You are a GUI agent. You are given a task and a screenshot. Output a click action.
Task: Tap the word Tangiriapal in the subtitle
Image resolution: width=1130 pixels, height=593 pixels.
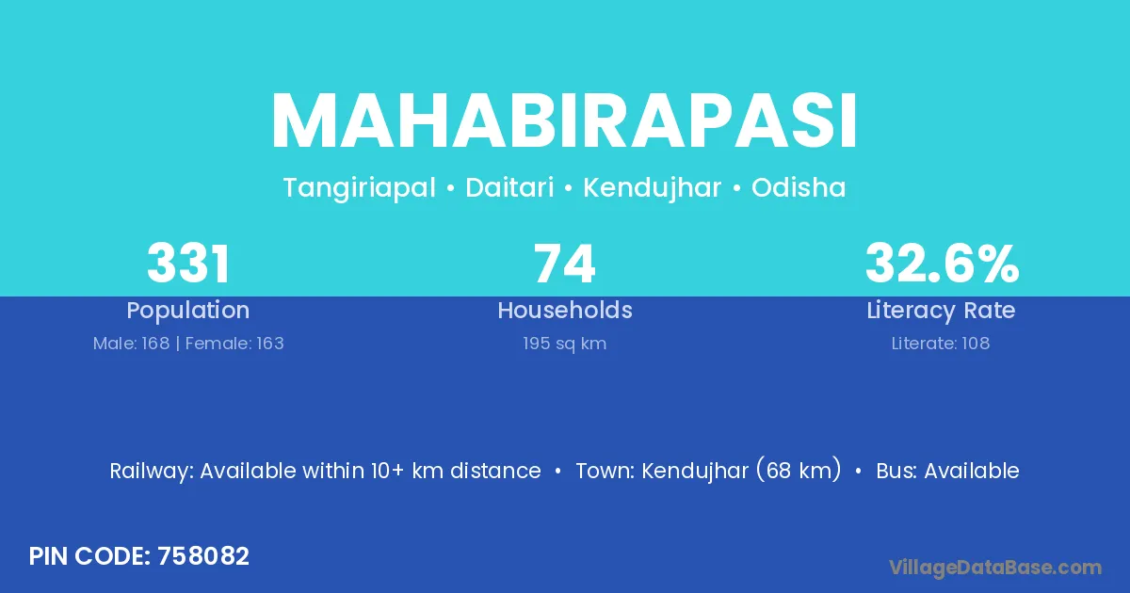click(x=359, y=188)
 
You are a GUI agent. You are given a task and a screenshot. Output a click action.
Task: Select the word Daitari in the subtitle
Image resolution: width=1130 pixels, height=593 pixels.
click(x=509, y=187)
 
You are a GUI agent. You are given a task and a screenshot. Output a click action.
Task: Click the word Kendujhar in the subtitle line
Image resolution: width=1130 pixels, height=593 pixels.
click(x=652, y=188)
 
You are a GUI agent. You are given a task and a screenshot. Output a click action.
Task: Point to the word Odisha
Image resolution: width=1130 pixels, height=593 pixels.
click(x=799, y=187)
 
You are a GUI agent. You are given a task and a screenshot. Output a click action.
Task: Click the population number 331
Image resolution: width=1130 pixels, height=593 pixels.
click(x=188, y=264)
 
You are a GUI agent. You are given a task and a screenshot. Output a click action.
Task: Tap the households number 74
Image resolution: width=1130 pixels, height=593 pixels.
click(x=564, y=264)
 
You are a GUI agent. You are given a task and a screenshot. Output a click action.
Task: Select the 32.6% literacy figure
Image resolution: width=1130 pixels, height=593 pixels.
click(x=942, y=264)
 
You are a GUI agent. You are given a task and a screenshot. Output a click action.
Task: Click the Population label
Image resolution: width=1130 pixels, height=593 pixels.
click(x=188, y=311)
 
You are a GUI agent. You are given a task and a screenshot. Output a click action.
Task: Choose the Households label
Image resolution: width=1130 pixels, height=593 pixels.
click(x=565, y=310)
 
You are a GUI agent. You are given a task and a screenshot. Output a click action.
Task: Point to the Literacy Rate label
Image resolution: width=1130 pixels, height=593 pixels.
click(x=941, y=311)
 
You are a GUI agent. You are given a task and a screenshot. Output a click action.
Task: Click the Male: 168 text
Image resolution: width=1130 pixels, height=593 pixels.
click(x=131, y=344)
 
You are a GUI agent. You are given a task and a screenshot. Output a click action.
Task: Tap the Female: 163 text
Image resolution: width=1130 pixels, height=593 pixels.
click(x=234, y=344)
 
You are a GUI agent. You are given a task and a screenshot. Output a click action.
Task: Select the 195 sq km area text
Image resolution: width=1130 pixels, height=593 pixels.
click(x=564, y=344)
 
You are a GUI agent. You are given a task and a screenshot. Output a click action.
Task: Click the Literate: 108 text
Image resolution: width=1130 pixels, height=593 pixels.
click(x=941, y=344)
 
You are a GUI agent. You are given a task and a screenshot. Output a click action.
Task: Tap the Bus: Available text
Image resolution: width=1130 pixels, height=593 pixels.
click(x=948, y=471)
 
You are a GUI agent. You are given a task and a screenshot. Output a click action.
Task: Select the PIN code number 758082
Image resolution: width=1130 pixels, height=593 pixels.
click(x=203, y=556)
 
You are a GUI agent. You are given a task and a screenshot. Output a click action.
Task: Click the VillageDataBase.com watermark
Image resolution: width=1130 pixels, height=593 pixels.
click(x=994, y=568)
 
